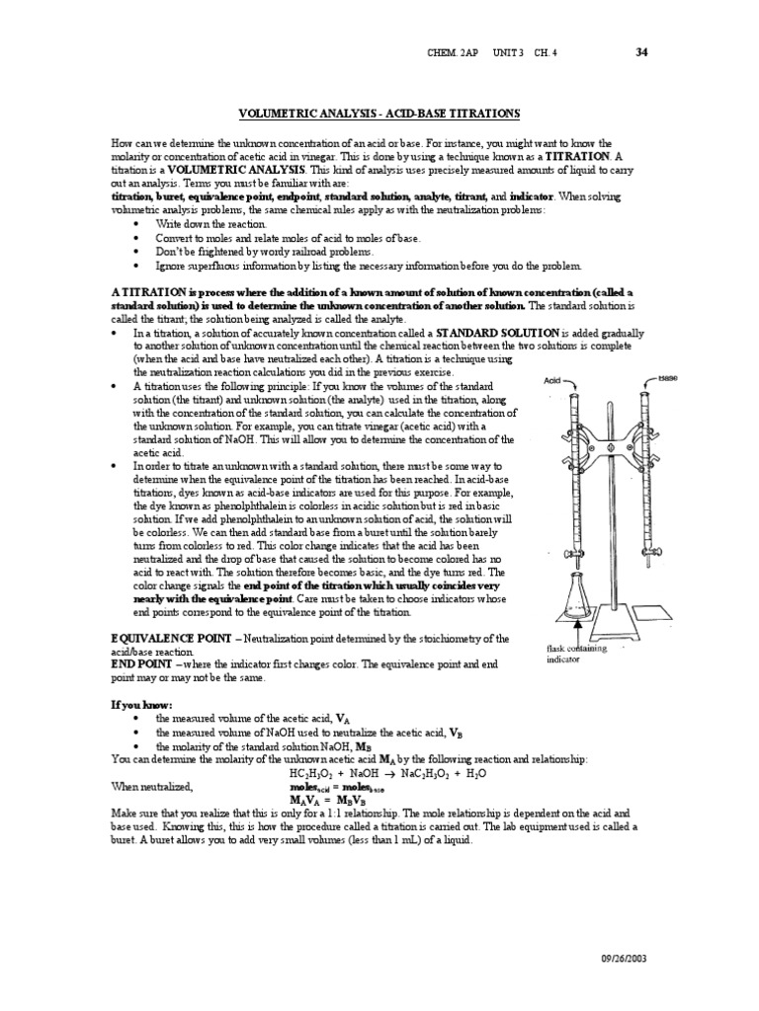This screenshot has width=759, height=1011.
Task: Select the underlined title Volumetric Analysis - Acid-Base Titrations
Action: click(x=379, y=115)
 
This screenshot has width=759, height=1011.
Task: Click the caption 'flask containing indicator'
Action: click(x=579, y=654)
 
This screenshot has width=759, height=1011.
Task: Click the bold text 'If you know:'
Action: click(x=142, y=707)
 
